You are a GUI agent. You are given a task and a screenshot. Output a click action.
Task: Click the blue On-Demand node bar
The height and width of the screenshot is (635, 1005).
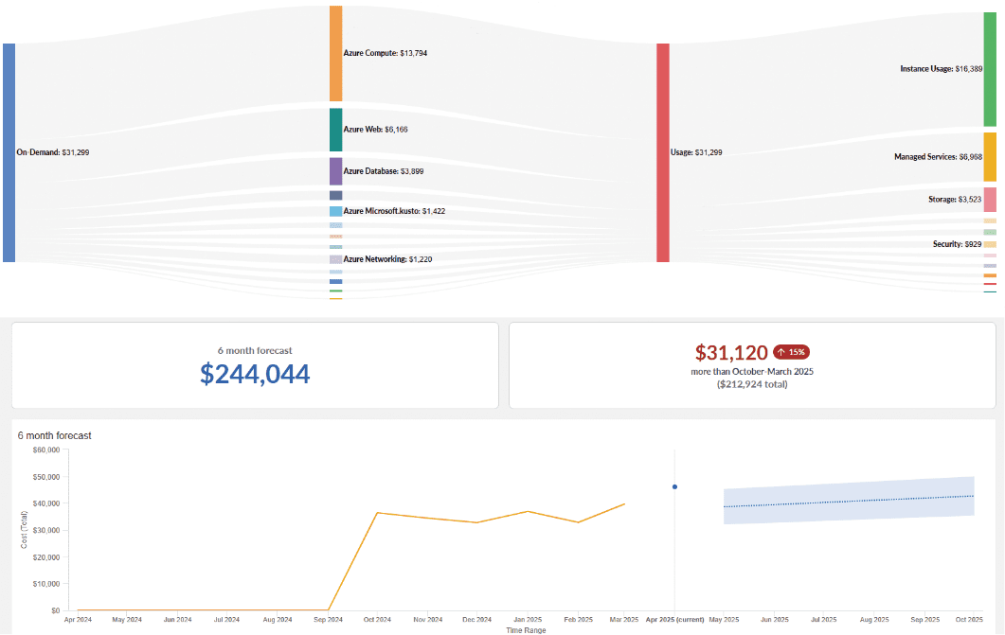tap(9, 152)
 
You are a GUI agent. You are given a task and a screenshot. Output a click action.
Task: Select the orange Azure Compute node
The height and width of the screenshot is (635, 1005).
tap(335, 53)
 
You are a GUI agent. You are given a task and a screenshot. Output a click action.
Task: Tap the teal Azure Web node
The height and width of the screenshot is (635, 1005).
tap(335, 130)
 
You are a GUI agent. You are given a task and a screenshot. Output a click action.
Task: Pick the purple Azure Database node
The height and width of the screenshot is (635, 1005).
tap(335, 171)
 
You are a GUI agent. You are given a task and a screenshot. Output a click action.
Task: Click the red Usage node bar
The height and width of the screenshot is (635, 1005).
tap(663, 152)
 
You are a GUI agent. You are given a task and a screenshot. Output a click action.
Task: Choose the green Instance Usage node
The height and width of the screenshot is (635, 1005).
tap(990, 69)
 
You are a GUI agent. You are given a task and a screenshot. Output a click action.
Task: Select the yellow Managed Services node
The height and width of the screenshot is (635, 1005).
tap(990, 157)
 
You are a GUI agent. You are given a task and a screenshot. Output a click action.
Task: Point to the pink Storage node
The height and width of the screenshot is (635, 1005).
tap(990, 200)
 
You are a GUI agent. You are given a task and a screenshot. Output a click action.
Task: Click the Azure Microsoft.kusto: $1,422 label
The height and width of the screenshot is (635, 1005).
tap(381, 211)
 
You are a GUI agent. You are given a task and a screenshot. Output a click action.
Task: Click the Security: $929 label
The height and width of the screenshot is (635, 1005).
tap(957, 244)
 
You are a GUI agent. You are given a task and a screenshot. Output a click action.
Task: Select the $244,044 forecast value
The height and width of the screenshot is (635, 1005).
tap(255, 375)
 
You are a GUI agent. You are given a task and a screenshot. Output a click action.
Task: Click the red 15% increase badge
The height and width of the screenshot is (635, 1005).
tap(791, 352)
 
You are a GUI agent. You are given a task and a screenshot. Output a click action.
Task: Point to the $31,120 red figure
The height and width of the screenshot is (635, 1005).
tap(731, 353)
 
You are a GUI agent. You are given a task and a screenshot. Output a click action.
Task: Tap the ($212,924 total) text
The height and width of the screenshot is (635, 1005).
tap(752, 385)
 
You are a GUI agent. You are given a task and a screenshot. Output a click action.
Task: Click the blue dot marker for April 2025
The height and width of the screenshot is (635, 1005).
tap(674, 486)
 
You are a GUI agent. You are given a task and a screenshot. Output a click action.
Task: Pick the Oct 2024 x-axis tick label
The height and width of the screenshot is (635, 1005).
tap(377, 619)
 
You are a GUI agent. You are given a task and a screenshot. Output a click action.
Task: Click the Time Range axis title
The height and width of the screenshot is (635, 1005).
tap(527, 629)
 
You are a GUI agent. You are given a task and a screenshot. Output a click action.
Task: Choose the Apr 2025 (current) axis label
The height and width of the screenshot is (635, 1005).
tap(673, 619)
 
